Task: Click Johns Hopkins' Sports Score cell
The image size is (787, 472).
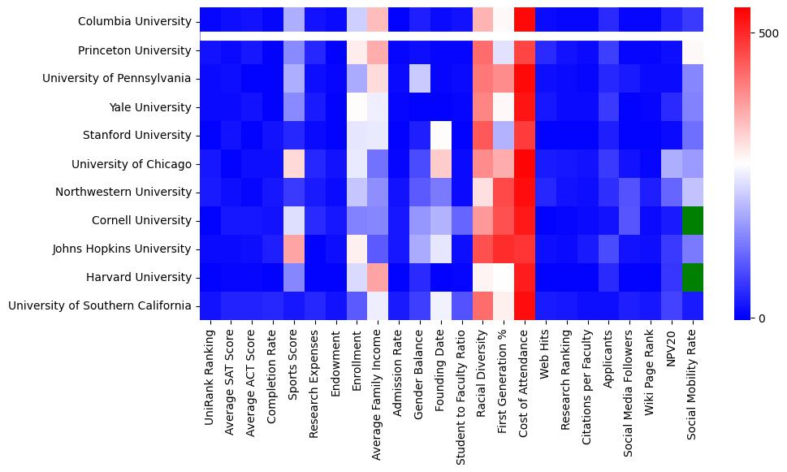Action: tap(294, 249)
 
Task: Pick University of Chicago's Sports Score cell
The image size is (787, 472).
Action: tap(294, 163)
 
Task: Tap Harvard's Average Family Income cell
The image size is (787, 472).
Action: tap(378, 277)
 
